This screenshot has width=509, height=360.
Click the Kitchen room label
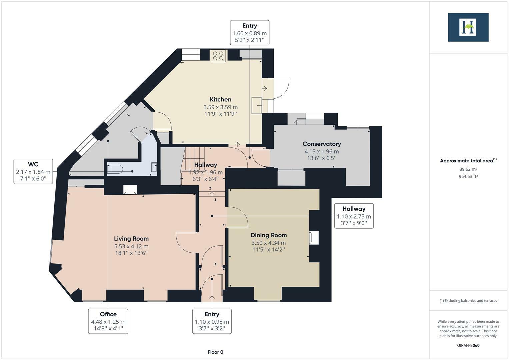(x=220, y=99)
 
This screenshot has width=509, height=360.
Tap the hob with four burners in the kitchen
(x=218, y=56)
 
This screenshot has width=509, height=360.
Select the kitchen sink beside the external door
(x=257, y=105)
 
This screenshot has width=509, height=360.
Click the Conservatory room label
(x=321, y=144)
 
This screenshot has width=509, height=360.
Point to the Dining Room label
(x=268, y=235)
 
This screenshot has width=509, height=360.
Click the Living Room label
(x=131, y=238)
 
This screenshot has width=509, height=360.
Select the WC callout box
(x=33, y=171)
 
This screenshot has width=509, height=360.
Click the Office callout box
(x=108, y=321)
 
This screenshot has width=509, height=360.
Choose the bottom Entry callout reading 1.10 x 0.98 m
(x=212, y=321)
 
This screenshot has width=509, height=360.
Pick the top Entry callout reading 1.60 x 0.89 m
(x=249, y=33)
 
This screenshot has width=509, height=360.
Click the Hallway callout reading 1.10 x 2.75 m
(x=354, y=216)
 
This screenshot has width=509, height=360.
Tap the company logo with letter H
(x=468, y=27)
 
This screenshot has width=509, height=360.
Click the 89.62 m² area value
(x=468, y=169)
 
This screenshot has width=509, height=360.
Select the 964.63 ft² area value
(x=468, y=176)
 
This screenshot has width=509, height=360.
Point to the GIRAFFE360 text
(x=468, y=345)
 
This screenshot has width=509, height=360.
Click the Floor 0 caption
(x=215, y=352)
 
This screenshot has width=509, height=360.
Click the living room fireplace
(x=130, y=190)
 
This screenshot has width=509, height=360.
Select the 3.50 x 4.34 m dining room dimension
(x=268, y=243)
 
